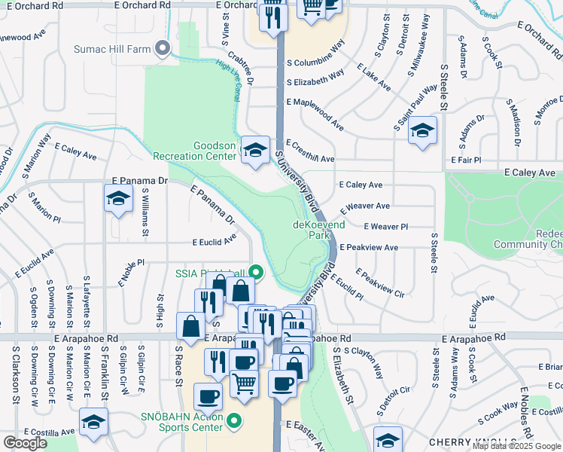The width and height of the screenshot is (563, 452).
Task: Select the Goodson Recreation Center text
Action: (x=194, y=151)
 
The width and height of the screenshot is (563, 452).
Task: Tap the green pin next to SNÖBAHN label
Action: (x=234, y=420)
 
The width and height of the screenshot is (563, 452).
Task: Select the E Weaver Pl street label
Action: (x=385, y=227)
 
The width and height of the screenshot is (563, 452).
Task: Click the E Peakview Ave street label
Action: (x=369, y=247)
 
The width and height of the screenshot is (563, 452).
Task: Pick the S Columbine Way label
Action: (x=315, y=63)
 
